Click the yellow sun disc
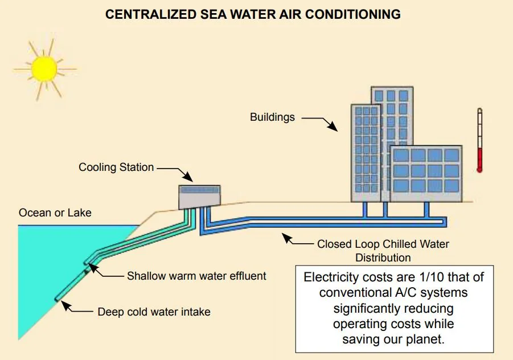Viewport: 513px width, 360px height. point(44,69)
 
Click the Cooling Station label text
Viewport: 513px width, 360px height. point(116,167)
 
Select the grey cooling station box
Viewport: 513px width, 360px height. point(200,197)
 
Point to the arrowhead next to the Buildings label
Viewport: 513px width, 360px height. point(333,126)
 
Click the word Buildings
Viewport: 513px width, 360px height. point(272,117)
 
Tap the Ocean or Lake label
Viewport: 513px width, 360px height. point(55,212)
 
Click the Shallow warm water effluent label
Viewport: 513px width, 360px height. point(196,276)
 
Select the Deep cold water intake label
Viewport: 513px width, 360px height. point(154,312)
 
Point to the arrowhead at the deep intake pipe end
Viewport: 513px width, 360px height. point(66,306)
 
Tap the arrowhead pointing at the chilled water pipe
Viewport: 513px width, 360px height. point(288,238)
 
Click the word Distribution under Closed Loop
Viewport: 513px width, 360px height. point(383,257)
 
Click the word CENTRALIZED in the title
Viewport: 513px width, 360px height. point(150,14)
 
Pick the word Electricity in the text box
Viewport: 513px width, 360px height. point(331,277)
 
